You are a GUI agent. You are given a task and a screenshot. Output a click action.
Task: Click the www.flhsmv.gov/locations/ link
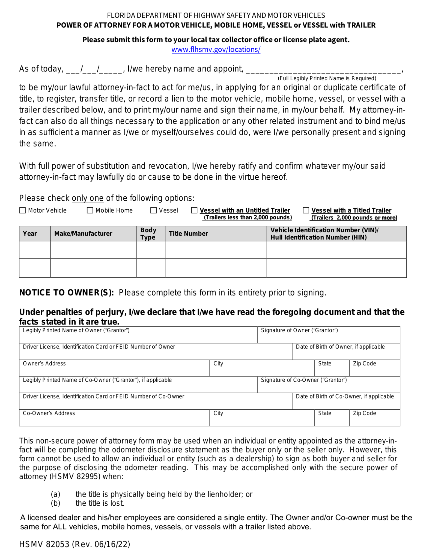[x=216, y=49]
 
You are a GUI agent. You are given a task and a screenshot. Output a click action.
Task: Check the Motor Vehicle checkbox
[x=23, y=210]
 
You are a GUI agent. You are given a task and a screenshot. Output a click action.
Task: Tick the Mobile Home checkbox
[x=90, y=210]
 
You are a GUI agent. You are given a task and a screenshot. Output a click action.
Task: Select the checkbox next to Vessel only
[x=154, y=210]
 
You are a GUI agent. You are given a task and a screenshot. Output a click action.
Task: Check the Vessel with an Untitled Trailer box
[x=194, y=210]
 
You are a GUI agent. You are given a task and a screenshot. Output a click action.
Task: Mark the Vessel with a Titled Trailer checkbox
[x=306, y=210]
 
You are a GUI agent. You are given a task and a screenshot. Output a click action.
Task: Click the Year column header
[x=30, y=233]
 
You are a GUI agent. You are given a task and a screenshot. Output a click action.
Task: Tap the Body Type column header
[x=148, y=233]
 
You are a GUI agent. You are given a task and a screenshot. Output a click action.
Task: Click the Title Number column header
[x=188, y=233]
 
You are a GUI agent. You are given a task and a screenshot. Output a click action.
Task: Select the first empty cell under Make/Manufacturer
[x=93, y=250]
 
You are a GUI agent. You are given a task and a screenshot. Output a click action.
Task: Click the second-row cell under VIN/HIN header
[x=336, y=268]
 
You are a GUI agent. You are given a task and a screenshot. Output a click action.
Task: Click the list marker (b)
[x=55, y=503]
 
